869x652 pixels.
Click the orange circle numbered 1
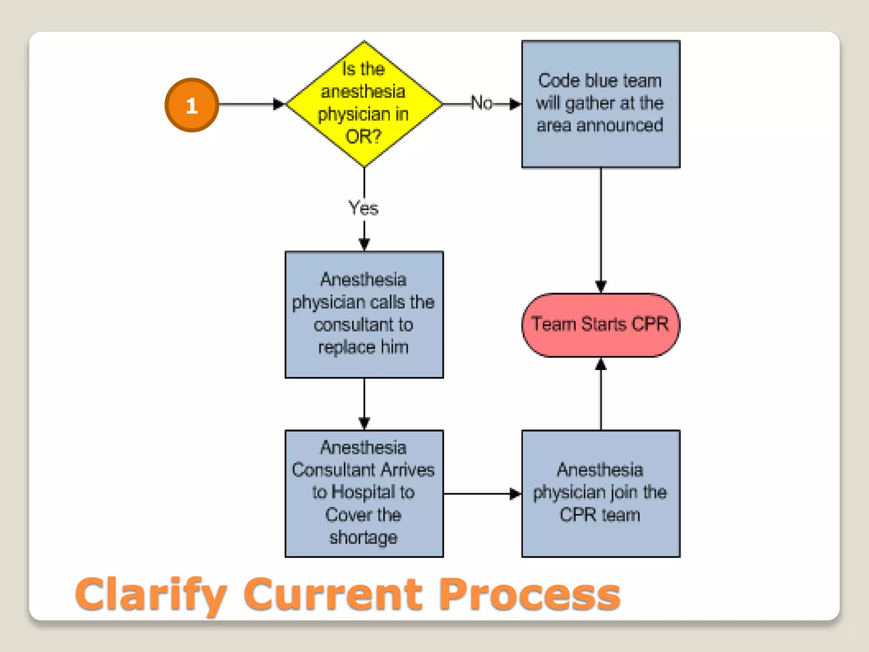pyautogui.click(x=192, y=105)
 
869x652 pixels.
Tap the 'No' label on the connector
pyautogui.click(x=482, y=103)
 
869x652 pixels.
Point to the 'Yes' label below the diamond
pyautogui.click(x=363, y=208)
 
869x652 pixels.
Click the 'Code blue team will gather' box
pyautogui.click(x=600, y=104)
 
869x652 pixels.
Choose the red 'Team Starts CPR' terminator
pyautogui.click(x=600, y=325)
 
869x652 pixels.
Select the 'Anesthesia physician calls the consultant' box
pyautogui.click(x=364, y=314)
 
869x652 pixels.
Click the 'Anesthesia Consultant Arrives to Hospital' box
pyautogui.click(x=364, y=493)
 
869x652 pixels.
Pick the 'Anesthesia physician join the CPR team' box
pyautogui.click(x=600, y=493)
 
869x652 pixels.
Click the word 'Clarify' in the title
pyautogui.click(x=151, y=594)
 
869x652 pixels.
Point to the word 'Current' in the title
pyautogui.click(x=333, y=594)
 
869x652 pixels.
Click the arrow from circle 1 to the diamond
pyautogui.click(x=250, y=104)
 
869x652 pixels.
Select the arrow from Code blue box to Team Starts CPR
pyautogui.click(x=600, y=229)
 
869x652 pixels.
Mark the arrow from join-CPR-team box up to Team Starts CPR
pyautogui.click(x=600, y=395)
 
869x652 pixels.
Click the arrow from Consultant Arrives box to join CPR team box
pyautogui.click(x=482, y=494)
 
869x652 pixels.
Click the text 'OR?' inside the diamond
pyautogui.click(x=363, y=137)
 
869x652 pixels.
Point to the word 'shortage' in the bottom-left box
pyautogui.click(x=364, y=537)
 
